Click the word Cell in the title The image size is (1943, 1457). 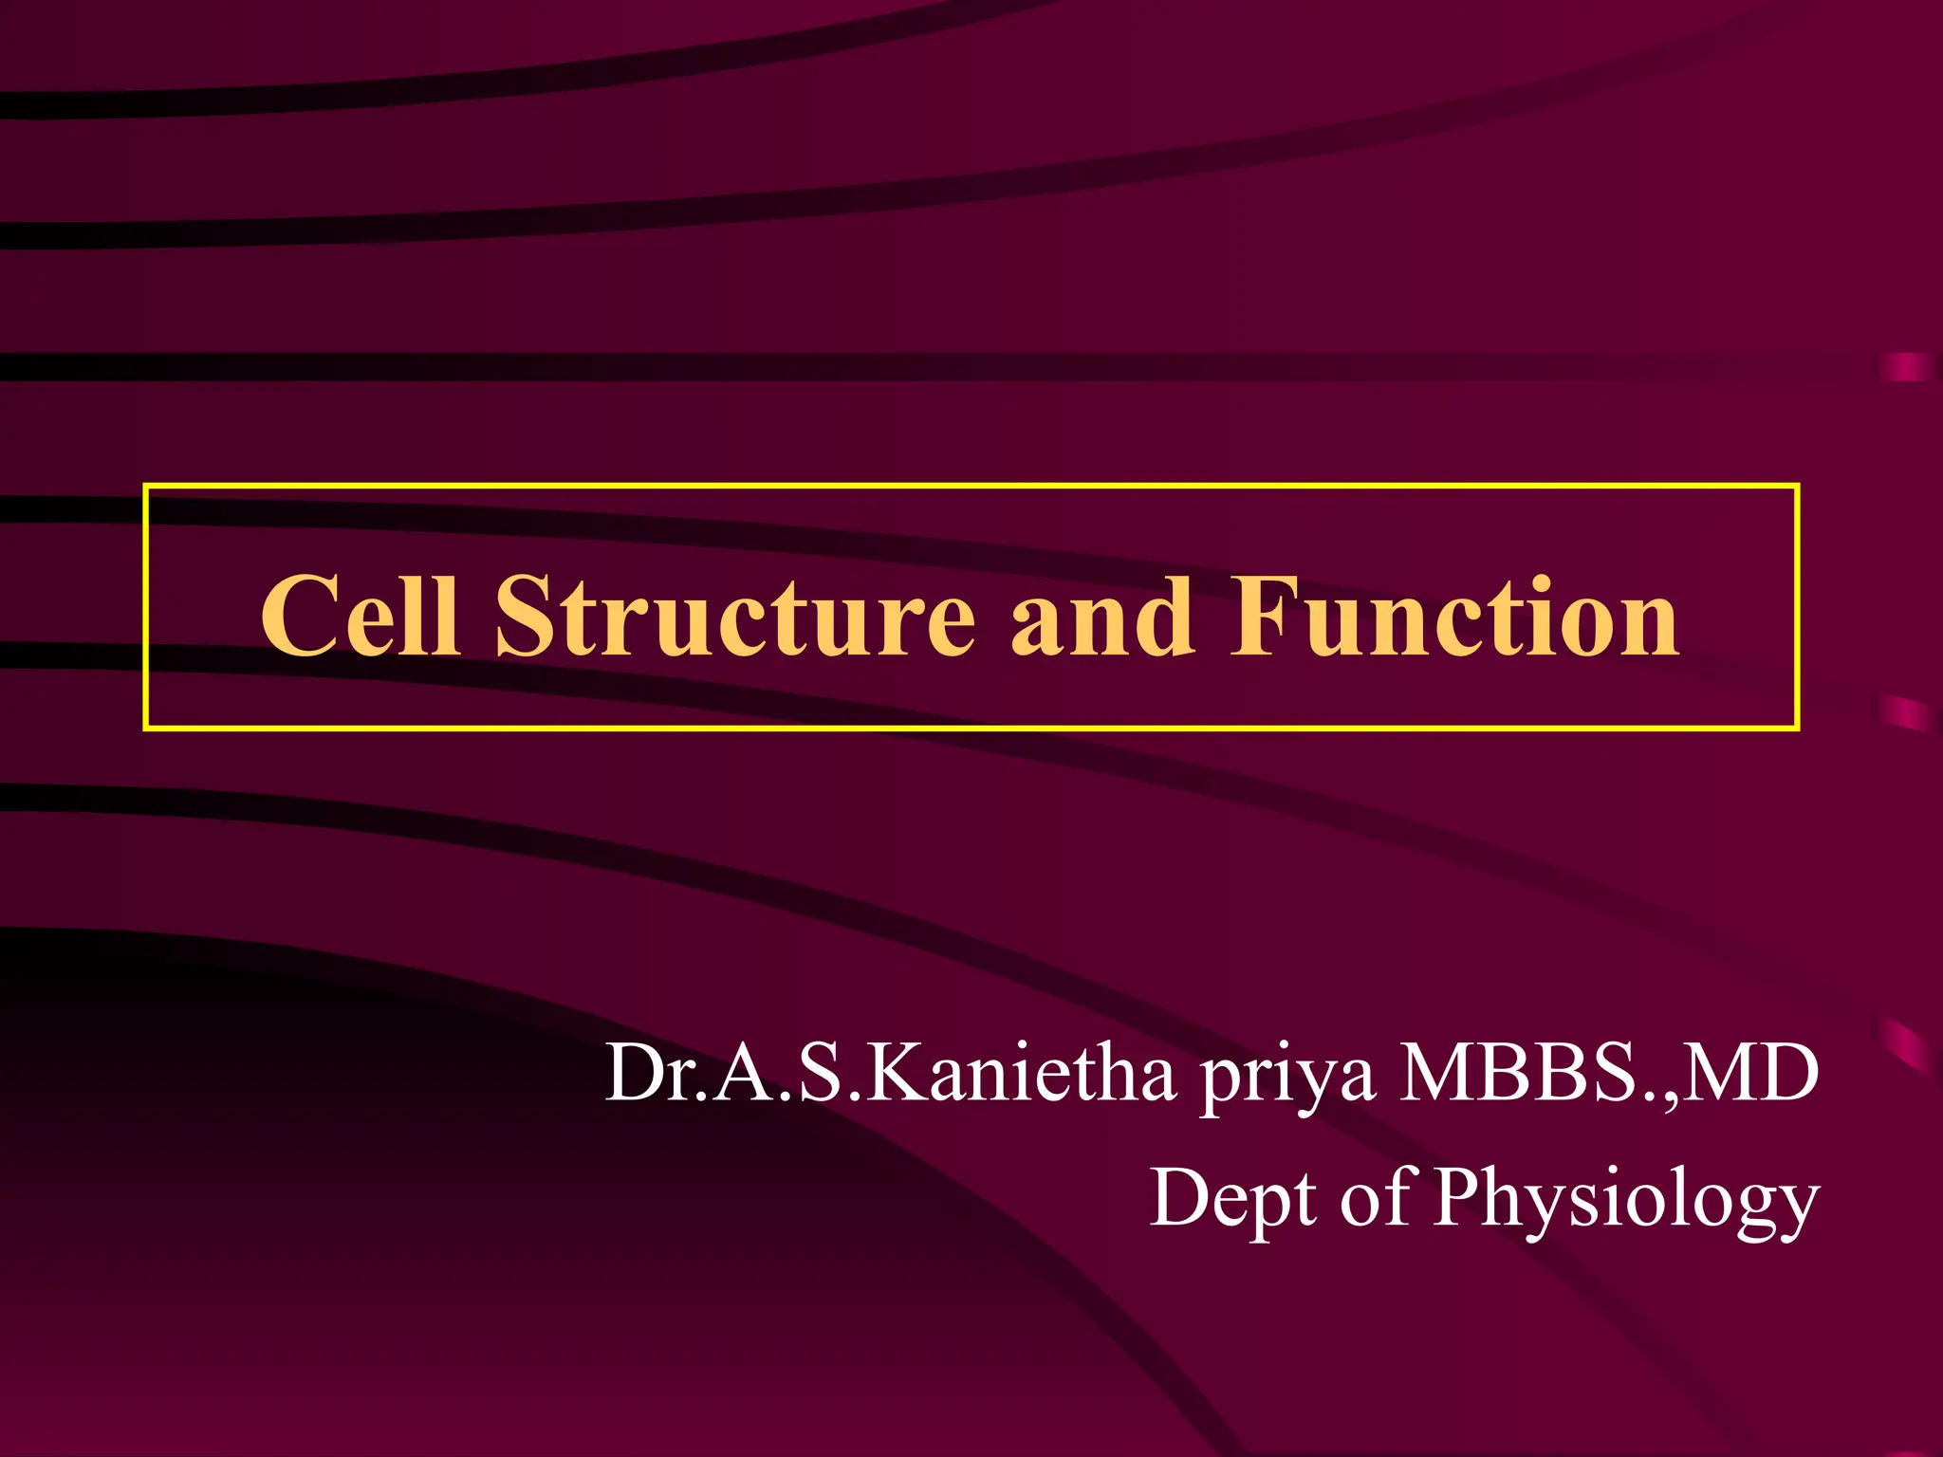click(x=361, y=617)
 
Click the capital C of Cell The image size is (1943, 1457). click(x=302, y=617)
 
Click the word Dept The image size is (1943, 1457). click(x=1234, y=1199)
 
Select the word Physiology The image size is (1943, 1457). click(x=1626, y=1201)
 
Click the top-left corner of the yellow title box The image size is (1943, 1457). click(x=146, y=487)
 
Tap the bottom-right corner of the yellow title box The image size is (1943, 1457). click(x=1797, y=728)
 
